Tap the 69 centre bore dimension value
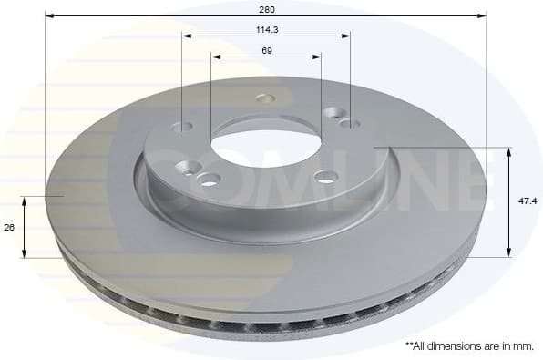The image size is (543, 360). pyautogui.click(x=266, y=51)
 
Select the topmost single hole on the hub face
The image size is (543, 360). pyautogui.click(x=265, y=98)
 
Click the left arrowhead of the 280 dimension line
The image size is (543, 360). pyautogui.click(x=48, y=16)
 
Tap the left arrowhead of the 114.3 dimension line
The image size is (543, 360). pyautogui.click(x=186, y=36)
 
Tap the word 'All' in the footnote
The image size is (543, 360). pyautogui.click(x=422, y=345)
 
